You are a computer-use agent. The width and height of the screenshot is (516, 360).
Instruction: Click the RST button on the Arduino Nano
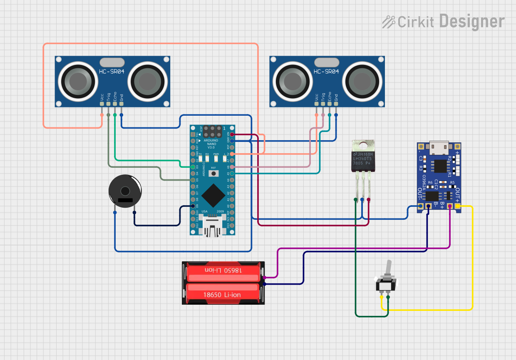tap(213, 173)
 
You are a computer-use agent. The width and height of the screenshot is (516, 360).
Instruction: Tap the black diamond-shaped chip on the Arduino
tap(213, 196)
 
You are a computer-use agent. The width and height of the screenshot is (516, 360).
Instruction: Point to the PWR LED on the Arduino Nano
tap(216, 159)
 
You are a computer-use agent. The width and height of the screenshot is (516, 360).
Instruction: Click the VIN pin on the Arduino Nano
tap(232, 134)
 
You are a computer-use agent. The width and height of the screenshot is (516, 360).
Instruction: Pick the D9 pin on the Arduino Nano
tap(193, 206)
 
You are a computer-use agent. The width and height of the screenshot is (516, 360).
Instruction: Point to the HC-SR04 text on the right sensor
tap(326, 72)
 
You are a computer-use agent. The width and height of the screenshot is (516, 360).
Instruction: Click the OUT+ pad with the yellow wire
tap(458, 206)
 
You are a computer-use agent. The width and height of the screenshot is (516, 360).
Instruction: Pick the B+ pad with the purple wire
tap(449, 206)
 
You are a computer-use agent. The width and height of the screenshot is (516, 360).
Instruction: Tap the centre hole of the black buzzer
tap(124, 191)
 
